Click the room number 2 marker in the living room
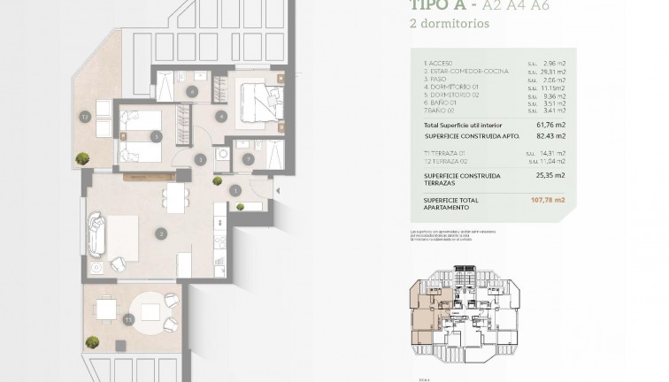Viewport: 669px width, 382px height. [161, 233]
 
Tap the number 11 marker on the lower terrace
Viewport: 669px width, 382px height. [129, 318]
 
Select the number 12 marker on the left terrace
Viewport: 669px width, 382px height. [85, 116]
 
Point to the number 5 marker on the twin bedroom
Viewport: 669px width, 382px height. [156, 136]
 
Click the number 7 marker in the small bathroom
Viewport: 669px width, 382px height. [248, 159]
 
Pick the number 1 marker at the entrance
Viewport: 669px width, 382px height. [235, 189]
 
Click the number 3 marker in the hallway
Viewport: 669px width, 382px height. [201, 159]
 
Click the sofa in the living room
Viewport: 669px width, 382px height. [96, 235]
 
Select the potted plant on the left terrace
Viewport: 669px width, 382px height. [82, 158]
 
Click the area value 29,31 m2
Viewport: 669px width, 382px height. [553, 72]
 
